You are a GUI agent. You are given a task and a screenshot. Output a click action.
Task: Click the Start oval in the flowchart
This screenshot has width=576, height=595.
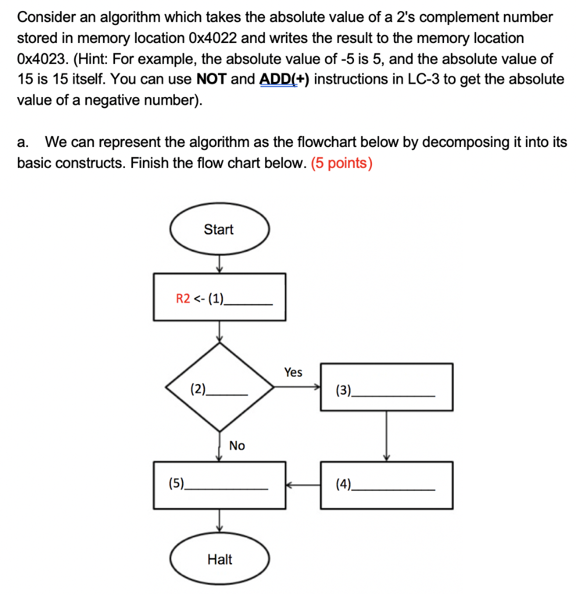pyautogui.click(x=219, y=230)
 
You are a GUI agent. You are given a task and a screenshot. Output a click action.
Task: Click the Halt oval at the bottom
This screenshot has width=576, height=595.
pyautogui.click(x=219, y=559)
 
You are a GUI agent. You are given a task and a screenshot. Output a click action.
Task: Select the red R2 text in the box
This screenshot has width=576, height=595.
pyautogui.click(x=183, y=299)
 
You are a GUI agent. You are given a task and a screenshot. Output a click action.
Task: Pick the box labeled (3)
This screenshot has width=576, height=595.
pyautogui.click(x=387, y=387)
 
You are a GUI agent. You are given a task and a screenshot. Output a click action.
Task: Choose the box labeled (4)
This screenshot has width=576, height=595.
pyautogui.click(x=387, y=485)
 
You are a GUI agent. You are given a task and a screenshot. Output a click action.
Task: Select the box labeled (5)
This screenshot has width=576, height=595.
pyautogui.click(x=219, y=485)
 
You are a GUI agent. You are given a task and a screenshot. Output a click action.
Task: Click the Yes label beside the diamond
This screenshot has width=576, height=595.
pyautogui.click(x=293, y=372)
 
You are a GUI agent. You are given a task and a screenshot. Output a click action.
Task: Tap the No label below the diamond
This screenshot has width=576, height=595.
pyautogui.click(x=237, y=446)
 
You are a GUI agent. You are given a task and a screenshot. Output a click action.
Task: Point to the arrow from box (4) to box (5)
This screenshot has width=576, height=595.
pyautogui.click(x=303, y=484)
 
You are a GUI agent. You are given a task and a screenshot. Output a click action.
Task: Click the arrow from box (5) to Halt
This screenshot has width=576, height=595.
pyautogui.click(x=219, y=520)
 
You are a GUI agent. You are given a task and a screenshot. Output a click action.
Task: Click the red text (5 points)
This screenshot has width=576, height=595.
pyautogui.click(x=342, y=163)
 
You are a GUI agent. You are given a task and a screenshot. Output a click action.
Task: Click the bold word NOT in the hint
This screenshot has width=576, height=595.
pyautogui.click(x=212, y=79)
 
